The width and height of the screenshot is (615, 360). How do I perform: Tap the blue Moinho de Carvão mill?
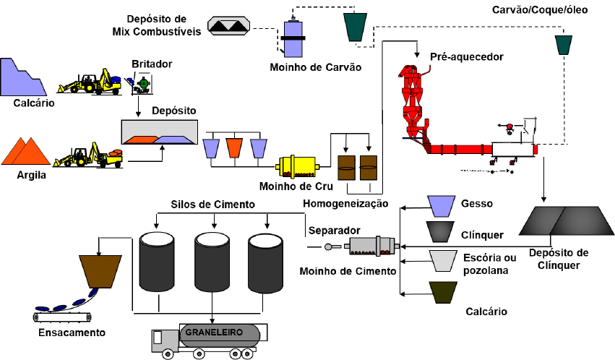coord(295,38)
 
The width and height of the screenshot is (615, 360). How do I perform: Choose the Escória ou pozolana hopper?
coord(440,260)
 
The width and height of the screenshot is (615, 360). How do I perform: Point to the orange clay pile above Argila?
coord(26,150)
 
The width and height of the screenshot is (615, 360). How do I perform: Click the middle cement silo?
coord(212,262)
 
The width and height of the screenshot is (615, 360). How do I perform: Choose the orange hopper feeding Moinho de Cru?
coord(234,147)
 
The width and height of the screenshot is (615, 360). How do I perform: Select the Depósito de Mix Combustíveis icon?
coord(229,25)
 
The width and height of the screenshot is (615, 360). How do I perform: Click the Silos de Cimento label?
coord(213,205)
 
